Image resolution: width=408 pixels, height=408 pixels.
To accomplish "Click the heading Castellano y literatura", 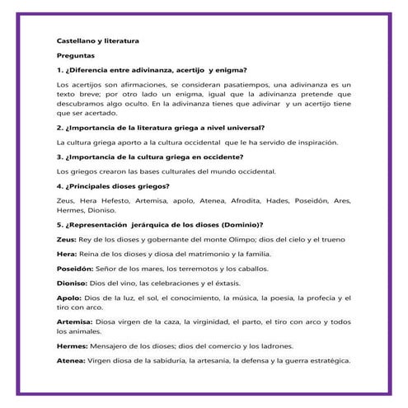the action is (x=97, y=40).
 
